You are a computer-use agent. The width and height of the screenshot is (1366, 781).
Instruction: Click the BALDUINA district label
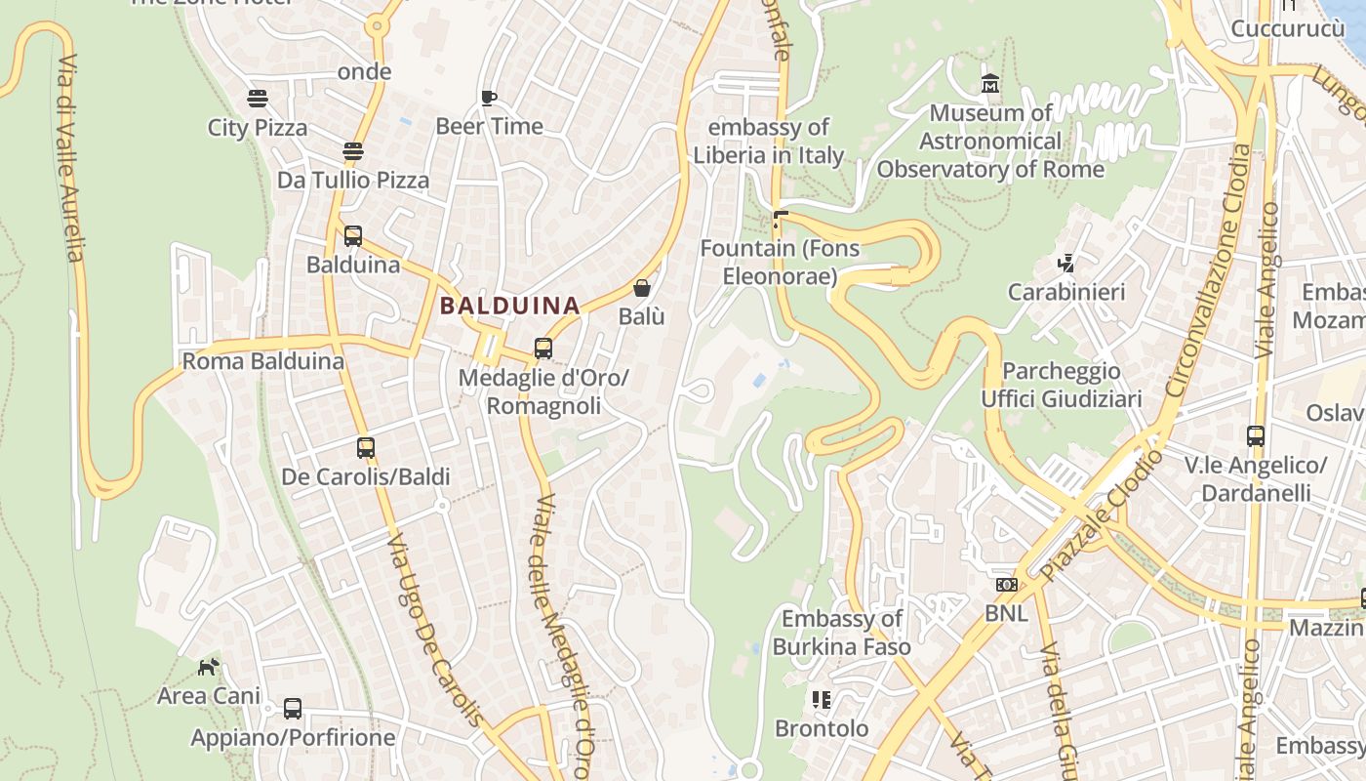tap(509, 306)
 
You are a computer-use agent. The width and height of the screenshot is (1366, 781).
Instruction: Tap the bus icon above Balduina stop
tap(353, 236)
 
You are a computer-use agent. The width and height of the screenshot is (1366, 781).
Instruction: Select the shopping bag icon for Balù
tap(642, 288)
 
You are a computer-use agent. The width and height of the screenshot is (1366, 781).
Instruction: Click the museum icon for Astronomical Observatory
tap(990, 85)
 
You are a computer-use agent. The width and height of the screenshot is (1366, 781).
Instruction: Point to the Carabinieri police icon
tap(1066, 263)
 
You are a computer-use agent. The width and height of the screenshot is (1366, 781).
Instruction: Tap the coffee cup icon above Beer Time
tap(489, 98)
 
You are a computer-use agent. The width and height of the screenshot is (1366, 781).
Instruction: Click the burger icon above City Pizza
tap(258, 99)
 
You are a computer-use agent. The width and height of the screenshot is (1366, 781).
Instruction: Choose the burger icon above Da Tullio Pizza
tap(353, 151)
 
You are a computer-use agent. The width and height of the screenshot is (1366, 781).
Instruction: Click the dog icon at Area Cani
tap(209, 668)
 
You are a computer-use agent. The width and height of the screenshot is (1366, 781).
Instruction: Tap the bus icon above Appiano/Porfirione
tap(293, 709)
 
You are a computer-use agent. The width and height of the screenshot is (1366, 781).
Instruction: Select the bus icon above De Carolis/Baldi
tap(366, 448)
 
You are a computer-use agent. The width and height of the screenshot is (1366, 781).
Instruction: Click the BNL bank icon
tap(1006, 585)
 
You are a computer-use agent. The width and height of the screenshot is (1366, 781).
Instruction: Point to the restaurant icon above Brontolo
tap(821, 700)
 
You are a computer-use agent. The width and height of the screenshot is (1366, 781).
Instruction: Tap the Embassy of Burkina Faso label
tap(842, 633)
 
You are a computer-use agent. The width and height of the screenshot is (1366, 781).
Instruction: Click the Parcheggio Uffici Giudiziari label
tap(1062, 385)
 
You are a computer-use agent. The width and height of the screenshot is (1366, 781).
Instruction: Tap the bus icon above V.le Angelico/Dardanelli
tap(1256, 436)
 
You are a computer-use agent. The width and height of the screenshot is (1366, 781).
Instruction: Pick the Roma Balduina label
tap(263, 361)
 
